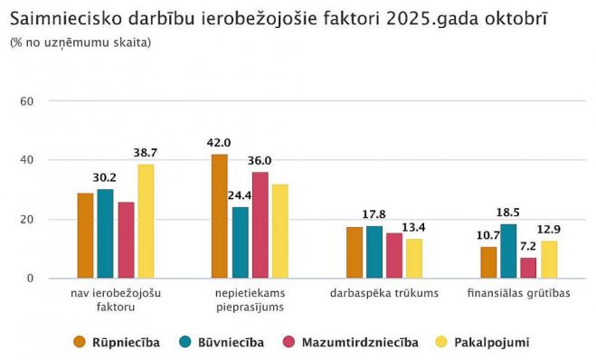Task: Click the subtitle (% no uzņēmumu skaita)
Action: click(x=80, y=43)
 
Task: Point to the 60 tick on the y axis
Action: click(x=27, y=100)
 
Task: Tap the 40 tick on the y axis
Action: click(x=27, y=160)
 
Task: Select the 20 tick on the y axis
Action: click(x=27, y=220)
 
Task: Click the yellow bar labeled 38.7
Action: click(x=145, y=221)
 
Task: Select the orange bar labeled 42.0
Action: click(x=220, y=216)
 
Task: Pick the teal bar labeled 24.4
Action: click(x=240, y=242)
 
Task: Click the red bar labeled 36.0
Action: click(x=260, y=225)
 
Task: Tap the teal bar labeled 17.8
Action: click(x=374, y=252)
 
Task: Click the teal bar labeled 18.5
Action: click(x=508, y=251)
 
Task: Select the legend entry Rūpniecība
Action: click(x=117, y=342)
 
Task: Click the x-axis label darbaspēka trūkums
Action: click(x=384, y=293)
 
